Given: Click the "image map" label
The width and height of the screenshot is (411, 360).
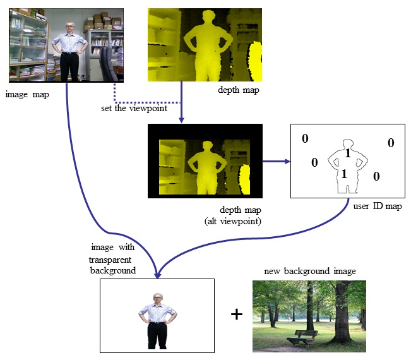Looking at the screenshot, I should pos(27,95).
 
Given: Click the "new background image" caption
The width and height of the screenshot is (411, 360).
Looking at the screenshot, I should pos(310,271).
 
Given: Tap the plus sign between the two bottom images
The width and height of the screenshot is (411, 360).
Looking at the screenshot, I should pos(237,314).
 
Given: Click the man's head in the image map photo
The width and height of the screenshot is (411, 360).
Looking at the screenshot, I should pos(70,27).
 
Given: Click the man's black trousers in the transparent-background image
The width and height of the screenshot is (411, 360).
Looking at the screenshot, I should pos(157,335).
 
